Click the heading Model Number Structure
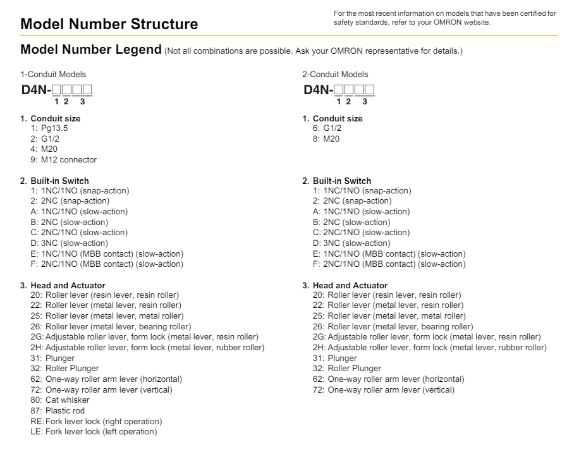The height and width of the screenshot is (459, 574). tap(109, 25)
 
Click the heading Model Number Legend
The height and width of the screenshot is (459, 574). tap(90, 50)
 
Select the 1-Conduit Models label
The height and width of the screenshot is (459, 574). tap(53, 75)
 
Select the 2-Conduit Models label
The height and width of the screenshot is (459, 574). tap(335, 75)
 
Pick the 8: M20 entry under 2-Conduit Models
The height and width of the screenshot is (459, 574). tap(326, 139)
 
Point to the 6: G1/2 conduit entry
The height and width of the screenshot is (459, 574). tap(327, 128)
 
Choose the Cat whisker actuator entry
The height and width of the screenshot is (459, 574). tap(60, 400)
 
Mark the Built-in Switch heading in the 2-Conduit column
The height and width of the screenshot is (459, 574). tap(342, 181)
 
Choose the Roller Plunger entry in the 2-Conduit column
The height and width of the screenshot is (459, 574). tap(347, 369)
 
